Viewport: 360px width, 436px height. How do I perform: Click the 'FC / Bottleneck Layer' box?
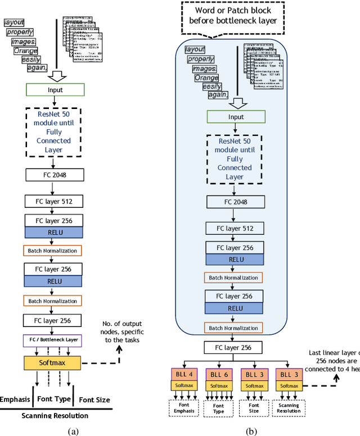pos(52,340)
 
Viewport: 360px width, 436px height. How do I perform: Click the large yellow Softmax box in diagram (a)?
pos(52,362)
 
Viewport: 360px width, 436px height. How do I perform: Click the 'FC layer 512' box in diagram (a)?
pos(52,201)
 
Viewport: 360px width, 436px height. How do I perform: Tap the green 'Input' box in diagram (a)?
pos(55,90)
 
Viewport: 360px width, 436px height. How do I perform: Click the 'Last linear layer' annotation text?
pos(335,360)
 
